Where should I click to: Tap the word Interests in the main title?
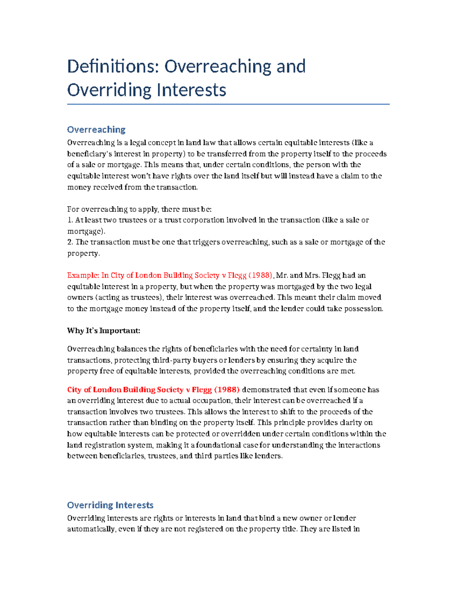[192, 90]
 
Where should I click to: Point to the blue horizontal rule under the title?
[228, 104]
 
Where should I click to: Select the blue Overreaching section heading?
[96, 130]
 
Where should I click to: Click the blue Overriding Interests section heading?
[110, 505]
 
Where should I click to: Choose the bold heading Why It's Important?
[104, 331]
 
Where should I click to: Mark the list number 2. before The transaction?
[70, 242]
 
